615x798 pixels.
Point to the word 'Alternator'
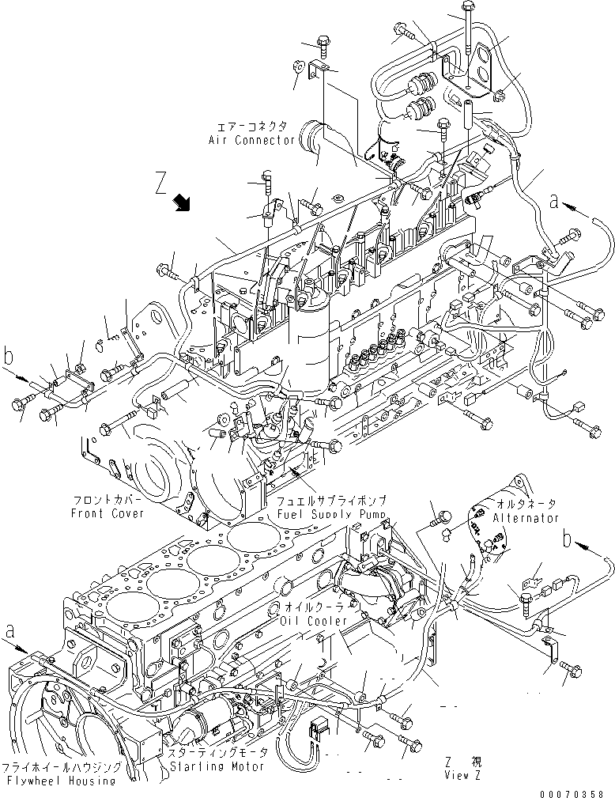tap(525, 518)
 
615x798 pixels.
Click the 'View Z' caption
tap(462, 776)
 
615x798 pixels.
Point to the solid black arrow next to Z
tap(183, 204)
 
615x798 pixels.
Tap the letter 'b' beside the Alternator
tap(565, 539)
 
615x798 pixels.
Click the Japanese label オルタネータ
tap(526, 503)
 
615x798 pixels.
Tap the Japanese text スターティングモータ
tap(215, 754)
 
